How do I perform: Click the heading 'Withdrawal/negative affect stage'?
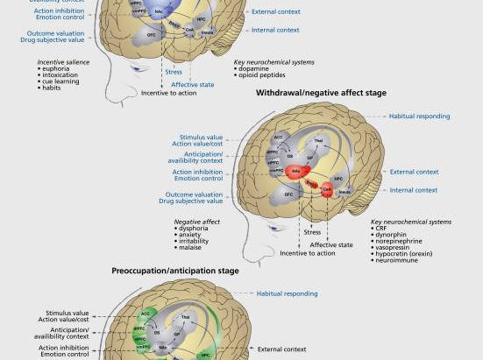tap(321, 92)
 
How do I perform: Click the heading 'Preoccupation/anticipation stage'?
tap(174, 272)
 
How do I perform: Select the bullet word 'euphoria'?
tap(55, 69)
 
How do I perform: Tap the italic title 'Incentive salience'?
tap(64, 62)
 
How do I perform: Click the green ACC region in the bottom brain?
tap(146, 314)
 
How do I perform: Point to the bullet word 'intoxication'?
tap(60, 75)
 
